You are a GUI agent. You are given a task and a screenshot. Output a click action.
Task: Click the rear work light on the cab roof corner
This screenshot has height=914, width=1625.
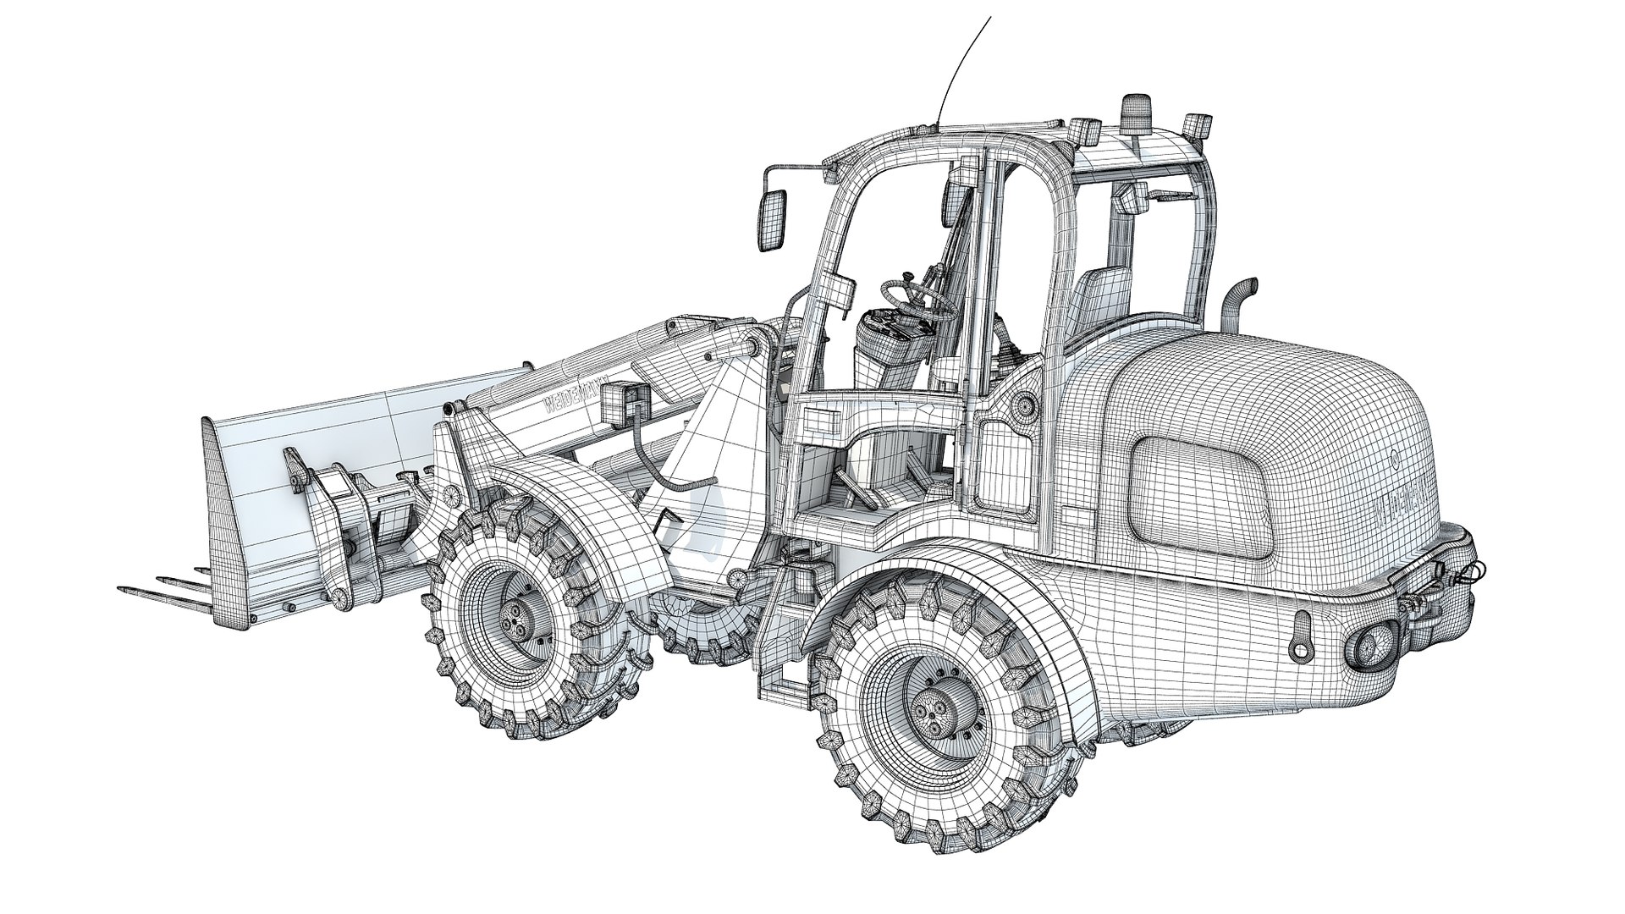[x=1195, y=125]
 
